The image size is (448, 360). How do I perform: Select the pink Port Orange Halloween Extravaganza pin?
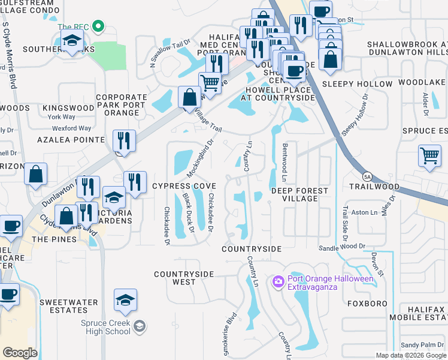(x=278, y=281)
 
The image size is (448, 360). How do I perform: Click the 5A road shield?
(x=367, y=176)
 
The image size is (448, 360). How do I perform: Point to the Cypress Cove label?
(x=183, y=186)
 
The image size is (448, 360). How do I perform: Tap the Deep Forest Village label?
(x=299, y=191)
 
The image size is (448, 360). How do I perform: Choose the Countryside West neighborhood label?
(x=183, y=278)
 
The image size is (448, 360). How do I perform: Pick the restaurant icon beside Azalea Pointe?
(x=124, y=141)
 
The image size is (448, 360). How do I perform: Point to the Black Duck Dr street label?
(x=189, y=213)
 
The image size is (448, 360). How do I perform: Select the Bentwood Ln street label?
(x=285, y=162)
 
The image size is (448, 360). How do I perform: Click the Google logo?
(x=20, y=353)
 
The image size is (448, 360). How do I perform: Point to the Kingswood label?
(x=68, y=108)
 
